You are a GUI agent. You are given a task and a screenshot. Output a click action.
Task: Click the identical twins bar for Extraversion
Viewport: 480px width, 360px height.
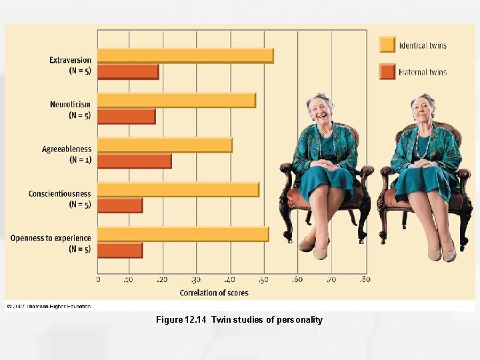point(185,55)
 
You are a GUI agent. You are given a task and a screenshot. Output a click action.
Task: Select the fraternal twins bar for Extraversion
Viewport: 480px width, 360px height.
point(128,71)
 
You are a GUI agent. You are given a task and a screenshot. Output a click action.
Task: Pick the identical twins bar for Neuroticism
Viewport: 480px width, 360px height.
point(177,100)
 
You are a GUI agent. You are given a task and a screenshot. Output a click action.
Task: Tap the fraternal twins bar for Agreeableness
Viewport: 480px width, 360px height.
point(135,161)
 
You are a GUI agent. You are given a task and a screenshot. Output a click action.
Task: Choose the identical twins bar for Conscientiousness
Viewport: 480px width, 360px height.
point(178,189)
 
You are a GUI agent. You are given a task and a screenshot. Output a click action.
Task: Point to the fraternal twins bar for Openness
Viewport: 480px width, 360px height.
point(120,250)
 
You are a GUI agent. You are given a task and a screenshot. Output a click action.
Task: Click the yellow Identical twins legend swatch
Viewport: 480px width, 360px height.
point(387,45)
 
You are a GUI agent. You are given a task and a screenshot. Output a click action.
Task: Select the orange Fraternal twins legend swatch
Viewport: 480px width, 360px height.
point(387,71)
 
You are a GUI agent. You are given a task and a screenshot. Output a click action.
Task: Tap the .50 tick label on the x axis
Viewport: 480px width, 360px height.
point(265,280)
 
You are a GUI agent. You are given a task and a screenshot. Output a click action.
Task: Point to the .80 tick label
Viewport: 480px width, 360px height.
point(364,280)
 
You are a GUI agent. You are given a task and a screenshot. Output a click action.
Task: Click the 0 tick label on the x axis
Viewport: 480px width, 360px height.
point(99,280)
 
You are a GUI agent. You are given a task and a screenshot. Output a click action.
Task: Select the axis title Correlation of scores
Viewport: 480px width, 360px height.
point(213,293)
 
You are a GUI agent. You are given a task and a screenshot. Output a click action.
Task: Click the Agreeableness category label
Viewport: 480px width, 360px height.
point(67,149)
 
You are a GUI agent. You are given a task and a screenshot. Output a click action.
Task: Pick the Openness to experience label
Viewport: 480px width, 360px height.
point(51,238)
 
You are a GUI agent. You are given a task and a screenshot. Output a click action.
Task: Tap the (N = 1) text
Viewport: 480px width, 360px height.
point(80,160)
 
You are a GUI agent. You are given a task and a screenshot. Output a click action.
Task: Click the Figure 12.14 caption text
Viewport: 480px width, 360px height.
point(239,320)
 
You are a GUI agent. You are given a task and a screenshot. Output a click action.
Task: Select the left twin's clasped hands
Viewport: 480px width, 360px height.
point(325,164)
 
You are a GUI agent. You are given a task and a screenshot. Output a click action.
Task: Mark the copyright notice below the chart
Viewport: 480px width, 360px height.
point(48,307)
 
